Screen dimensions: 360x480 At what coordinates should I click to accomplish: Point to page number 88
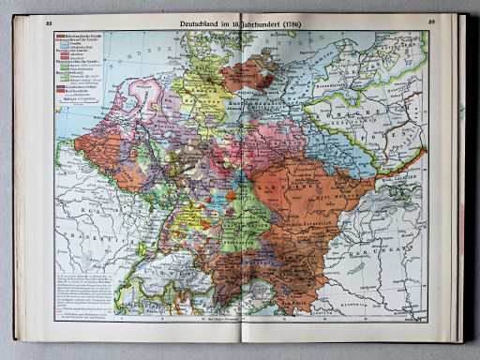tap(50, 22)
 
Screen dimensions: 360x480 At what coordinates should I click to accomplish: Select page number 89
tap(431, 22)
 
